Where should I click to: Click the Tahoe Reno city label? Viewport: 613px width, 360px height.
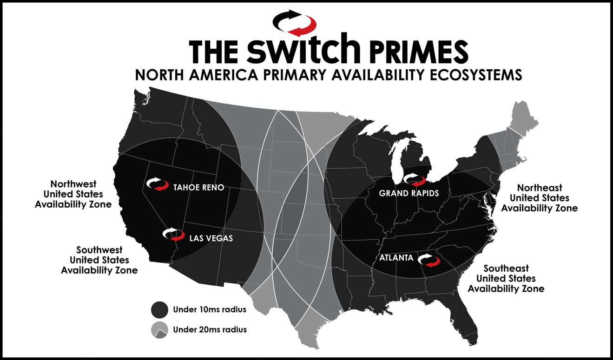tap(198, 188)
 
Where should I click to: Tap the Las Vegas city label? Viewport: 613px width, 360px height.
tap(211, 238)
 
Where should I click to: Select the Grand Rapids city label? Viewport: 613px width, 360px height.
tap(409, 193)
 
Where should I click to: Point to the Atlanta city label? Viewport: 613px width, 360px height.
tap(396, 258)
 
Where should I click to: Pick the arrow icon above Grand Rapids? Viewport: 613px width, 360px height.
tap(414, 179)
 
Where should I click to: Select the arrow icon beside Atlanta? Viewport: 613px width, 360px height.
tap(429, 260)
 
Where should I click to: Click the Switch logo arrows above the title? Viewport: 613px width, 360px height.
tap(295, 22)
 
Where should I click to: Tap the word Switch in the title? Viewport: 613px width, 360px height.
tap(304, 49)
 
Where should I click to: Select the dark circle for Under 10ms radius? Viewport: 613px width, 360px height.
tap(159, 309)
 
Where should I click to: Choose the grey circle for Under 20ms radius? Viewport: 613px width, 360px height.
tap(159, 330)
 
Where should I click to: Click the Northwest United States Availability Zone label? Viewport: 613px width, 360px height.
tap(73, 194)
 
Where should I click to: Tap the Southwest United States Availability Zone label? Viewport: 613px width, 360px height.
tap(99, 260)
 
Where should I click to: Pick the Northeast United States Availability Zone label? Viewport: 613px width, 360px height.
tap(539, 198)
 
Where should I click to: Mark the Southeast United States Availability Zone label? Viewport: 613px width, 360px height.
tap(506, 278)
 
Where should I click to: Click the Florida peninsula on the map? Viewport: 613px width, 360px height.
tap(467, 321)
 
